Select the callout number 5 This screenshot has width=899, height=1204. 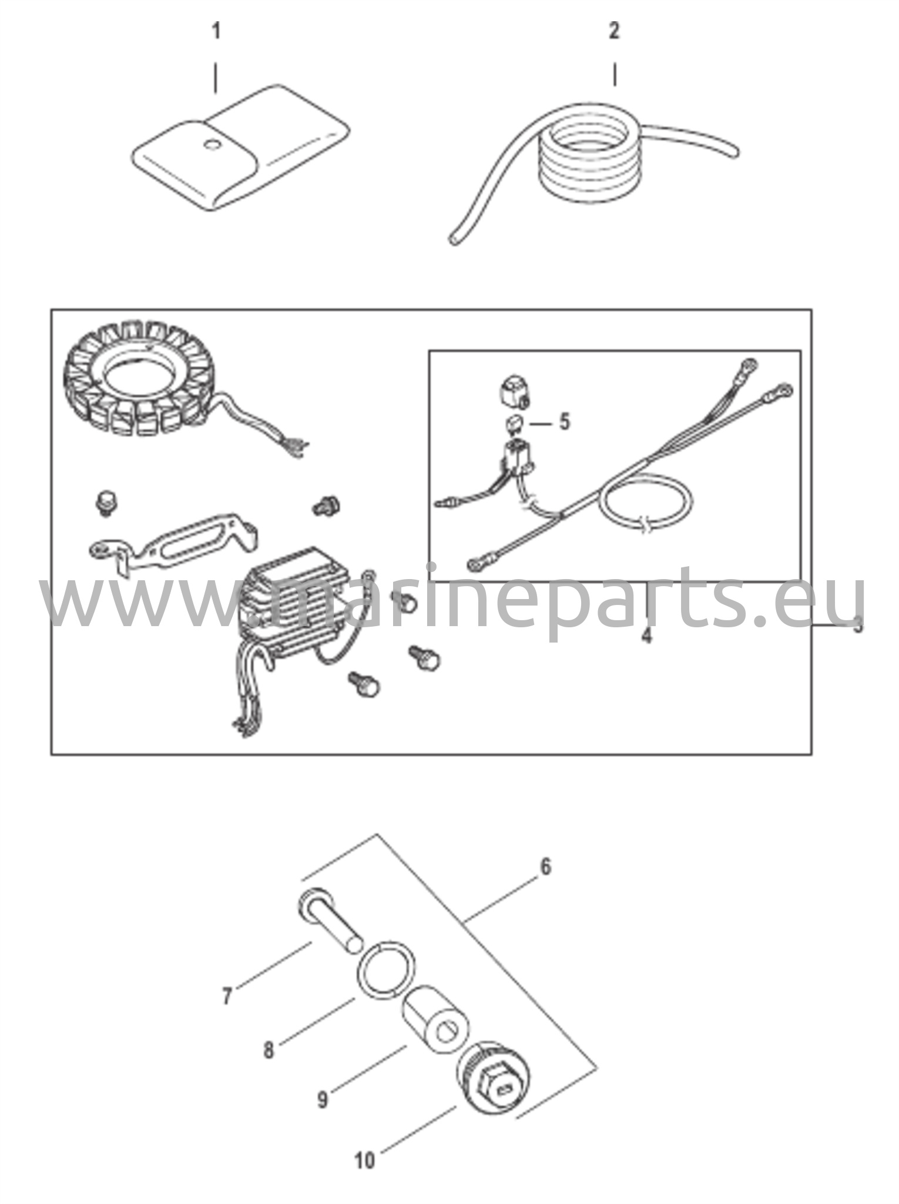(564, 422)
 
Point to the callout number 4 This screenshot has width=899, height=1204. (646, 635)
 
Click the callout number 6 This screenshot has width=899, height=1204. (546, 867)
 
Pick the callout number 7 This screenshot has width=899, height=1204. (227, 996)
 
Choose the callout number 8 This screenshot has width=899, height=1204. (269, 1051)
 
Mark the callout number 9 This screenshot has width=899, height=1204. (322, 1099)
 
